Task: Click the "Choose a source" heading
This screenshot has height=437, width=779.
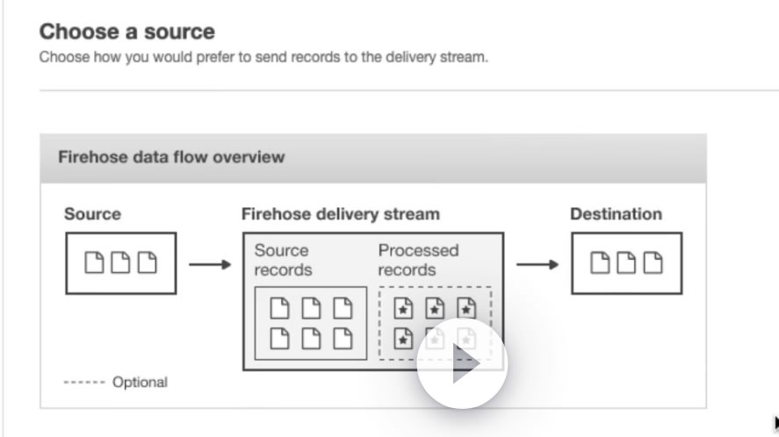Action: tap(127, 32)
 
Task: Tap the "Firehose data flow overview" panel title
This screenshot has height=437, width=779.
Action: tap(171, 157)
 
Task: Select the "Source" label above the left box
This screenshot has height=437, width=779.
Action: tap(92, 214)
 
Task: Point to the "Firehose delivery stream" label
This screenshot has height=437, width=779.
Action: tap(341, 214)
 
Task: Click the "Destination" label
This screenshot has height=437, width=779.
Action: tap(616, 214)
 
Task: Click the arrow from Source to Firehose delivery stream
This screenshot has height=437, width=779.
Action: tap(210, 264)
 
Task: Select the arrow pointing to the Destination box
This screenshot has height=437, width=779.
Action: tap(537, 264)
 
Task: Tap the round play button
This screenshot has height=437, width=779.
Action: tap(462, 363)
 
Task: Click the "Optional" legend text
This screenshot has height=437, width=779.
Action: tap(141, 382)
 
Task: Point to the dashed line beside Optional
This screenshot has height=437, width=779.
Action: tap(84, 382)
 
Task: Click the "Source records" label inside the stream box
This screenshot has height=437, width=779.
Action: tap(283, 260)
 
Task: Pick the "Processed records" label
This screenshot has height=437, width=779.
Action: tap(418, 260)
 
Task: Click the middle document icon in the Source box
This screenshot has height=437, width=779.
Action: tap(120, 262)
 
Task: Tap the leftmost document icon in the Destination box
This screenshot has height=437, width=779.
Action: tap(600, 262)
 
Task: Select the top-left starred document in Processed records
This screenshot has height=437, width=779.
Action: tap(403, 308)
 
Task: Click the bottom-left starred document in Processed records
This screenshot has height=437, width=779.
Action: tap(403, 339)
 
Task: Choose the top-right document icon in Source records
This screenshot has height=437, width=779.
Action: tap(343, 308)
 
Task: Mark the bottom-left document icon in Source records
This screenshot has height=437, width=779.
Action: tap(279, 339)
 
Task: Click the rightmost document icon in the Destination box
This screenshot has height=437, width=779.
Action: tap(653, 262)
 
